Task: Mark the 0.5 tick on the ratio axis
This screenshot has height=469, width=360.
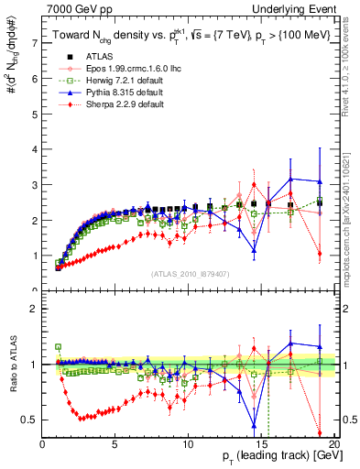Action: (x=30, y=420)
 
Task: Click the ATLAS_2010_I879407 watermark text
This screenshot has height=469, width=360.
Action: (x=190, y=273)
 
